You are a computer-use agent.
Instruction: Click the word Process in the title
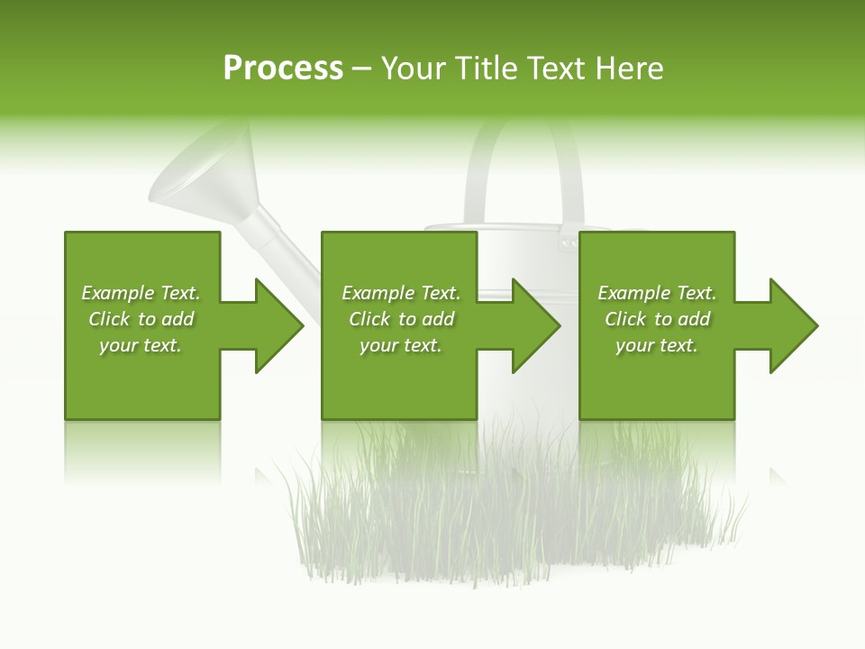(283, 69)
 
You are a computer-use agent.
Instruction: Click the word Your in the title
(413, 69)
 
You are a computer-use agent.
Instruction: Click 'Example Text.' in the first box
(141, 293)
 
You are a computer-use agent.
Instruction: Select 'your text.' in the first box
(141, 345)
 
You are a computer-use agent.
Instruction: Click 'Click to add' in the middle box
(401, 319)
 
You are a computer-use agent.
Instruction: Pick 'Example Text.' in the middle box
(401, 293)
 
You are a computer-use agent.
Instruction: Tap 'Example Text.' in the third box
(657, 293)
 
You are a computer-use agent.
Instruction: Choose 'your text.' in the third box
(657, 345)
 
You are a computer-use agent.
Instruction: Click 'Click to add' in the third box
(657, 319)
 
